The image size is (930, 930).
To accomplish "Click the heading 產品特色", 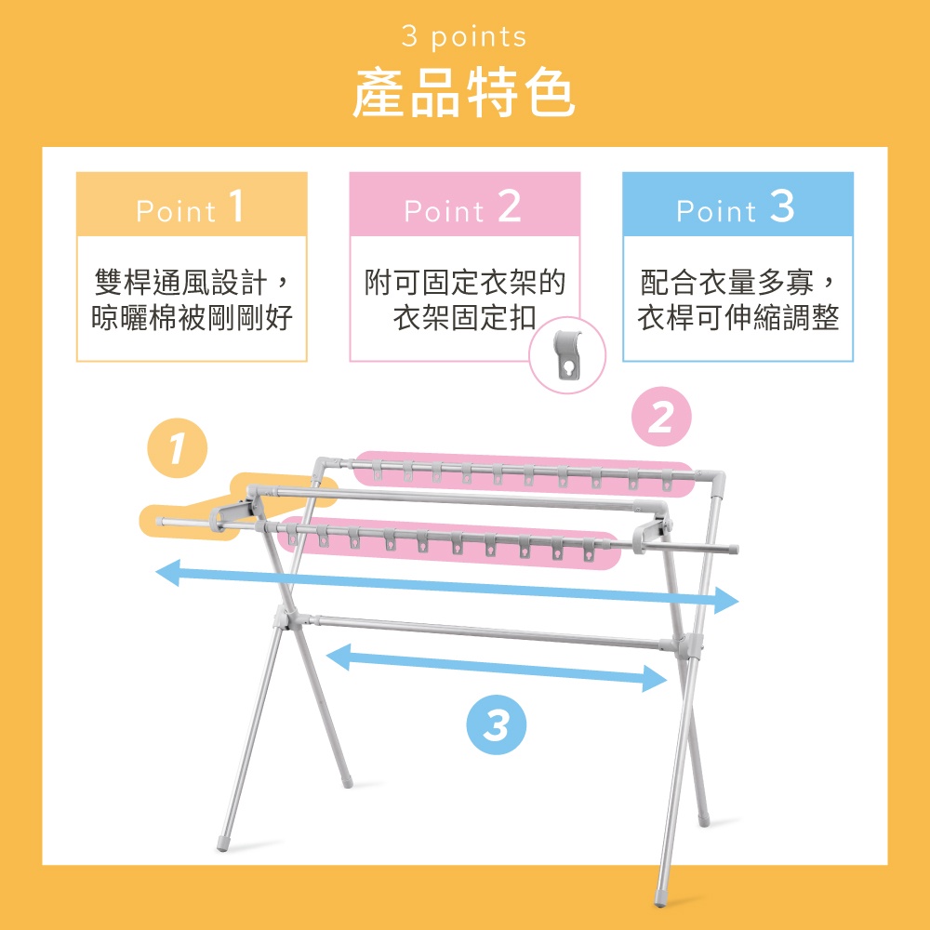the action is [x=464, y=93].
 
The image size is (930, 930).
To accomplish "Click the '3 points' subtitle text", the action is [x=464, y=37].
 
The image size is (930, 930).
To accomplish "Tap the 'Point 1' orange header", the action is [x=192, y=205].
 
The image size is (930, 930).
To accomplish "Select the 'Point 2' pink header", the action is [x=464, y=205].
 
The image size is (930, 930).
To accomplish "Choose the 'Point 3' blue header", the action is [x=737, y=205].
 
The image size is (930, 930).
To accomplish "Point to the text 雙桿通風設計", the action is [x=181, y=282].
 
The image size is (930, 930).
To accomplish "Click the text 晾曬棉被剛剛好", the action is [x=192, y=318].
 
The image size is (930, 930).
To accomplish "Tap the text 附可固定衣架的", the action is [x=464, y=282].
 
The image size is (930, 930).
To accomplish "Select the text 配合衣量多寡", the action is [x=726, y=282].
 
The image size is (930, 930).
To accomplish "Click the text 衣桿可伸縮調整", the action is [x=737, y=318].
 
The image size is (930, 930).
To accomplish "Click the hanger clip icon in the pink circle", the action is [x=567, y=354].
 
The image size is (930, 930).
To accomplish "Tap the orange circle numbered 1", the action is [x=178, y=448].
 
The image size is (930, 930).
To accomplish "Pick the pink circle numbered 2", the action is [x=661, y=417].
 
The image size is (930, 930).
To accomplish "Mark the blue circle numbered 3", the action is [x=497, y=724].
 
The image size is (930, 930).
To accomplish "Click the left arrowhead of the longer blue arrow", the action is [x=167, y=572].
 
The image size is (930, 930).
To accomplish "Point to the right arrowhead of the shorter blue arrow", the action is [x=655, y=679].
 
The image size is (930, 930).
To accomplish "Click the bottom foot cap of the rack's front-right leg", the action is [x=660, y=897].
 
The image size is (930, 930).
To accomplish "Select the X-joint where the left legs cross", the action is [x=286, y=617].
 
